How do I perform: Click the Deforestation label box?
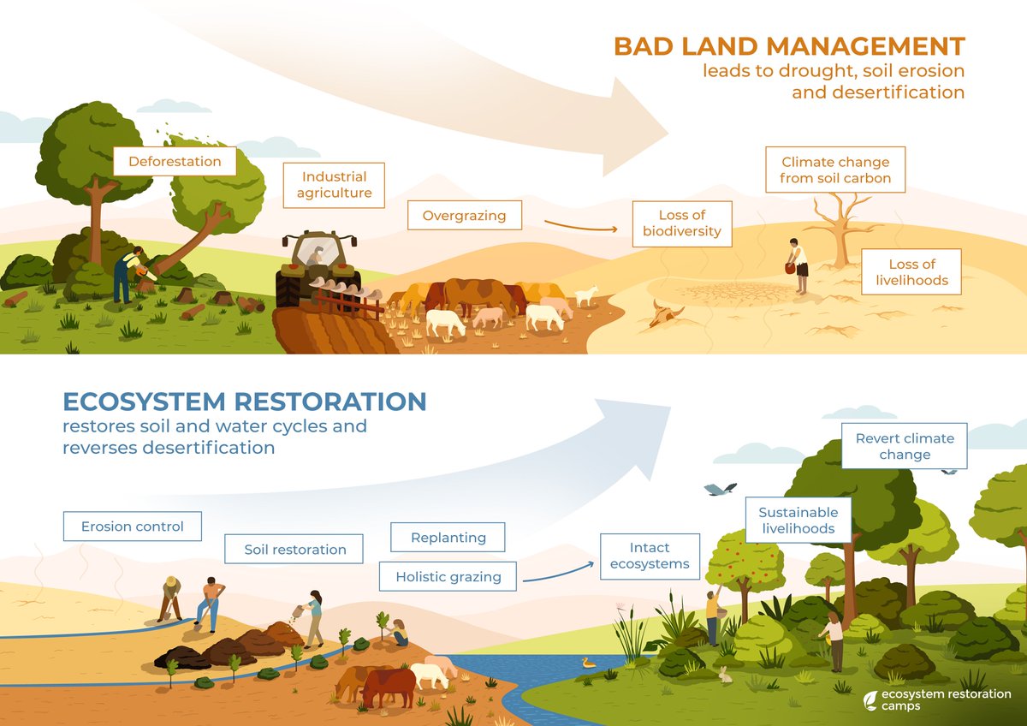175,161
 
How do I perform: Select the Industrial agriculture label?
335,185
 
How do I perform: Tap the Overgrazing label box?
464,216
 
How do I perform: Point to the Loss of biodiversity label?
682,223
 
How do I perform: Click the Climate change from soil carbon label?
835,170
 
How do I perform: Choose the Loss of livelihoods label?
911,272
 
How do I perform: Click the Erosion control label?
133,527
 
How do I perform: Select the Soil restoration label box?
295,550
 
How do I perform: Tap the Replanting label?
448,538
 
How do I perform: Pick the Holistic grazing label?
448,577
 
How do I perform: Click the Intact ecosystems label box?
650,556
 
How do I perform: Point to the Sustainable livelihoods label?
798,520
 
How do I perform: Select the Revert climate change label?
905,446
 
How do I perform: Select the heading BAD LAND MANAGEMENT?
789,46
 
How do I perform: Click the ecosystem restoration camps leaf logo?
871,699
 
